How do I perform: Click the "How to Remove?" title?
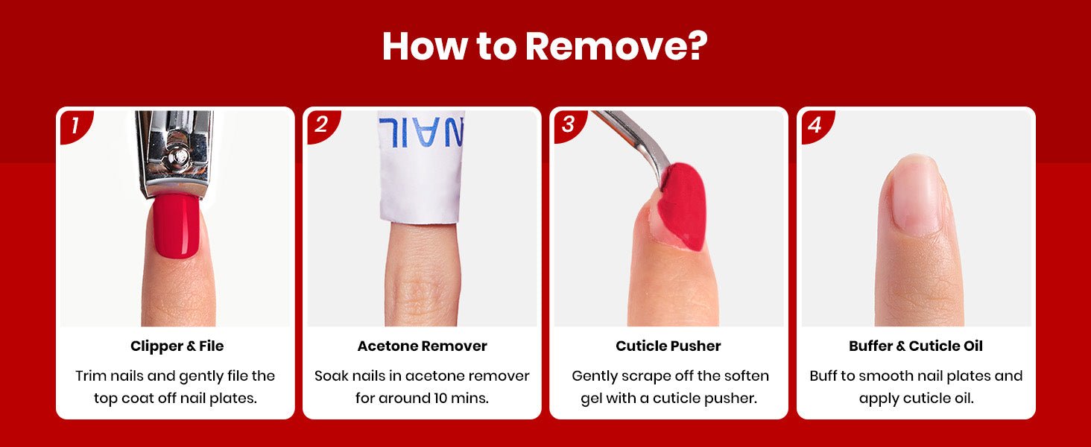[x=545, y=47]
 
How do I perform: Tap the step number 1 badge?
[x=75, y=126]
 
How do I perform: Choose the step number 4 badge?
[x=815, y=126]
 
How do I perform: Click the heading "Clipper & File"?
[x=177, y=346]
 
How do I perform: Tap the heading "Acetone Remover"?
[x=423, y=346]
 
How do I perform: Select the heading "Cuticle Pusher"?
[x=668, y=346]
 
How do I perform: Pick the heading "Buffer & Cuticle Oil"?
[x=916, y=346]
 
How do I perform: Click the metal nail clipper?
[x=175, y=153]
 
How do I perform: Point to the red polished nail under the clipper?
[x=177, y=225]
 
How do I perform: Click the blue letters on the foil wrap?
[x=421, y=131]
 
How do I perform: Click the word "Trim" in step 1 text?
[x=91, y=376]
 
